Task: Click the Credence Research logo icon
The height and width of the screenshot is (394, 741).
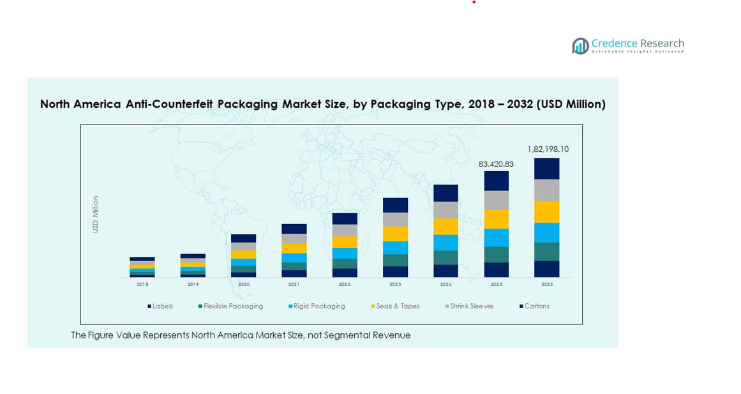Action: click(580, 45)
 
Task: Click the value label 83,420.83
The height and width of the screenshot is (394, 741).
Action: click(496, 164)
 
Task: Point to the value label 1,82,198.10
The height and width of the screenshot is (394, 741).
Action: click(548, 149)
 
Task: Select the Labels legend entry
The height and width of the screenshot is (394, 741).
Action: click(160, 307)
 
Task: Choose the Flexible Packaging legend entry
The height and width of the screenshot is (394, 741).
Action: click(230, 307)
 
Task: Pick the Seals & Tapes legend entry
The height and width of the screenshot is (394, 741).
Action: click(395, 307)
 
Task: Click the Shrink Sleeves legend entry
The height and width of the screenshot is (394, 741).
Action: click(469, 307)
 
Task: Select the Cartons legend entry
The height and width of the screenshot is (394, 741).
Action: click(534, 307)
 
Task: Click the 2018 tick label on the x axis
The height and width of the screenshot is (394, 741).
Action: click(142, 285)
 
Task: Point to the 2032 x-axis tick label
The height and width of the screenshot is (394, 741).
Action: click(547, 285)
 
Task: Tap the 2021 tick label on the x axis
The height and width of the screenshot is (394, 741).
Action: click(294, 285)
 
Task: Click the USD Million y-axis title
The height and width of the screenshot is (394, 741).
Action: click(96, 215)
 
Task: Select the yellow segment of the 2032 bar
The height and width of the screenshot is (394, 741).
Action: click(547, 212)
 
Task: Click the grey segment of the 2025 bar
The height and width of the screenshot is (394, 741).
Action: click(497, 201)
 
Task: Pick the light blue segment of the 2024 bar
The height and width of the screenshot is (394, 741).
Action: click(446, 243)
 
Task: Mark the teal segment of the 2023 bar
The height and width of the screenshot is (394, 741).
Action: click(396, 261)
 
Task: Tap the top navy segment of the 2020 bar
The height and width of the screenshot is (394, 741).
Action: click(244, 238)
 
